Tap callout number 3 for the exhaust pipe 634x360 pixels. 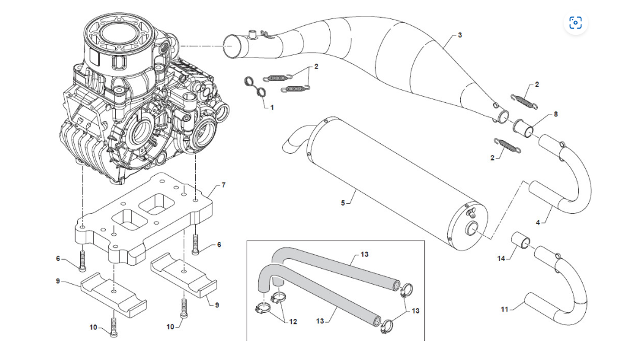coord(460,35)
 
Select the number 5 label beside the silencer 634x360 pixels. coord(343,202)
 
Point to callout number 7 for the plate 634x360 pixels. coord(224,185)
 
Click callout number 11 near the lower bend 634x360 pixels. coord(505,309)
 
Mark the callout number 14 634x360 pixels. coord(501,259)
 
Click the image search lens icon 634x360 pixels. coord(575,23)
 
